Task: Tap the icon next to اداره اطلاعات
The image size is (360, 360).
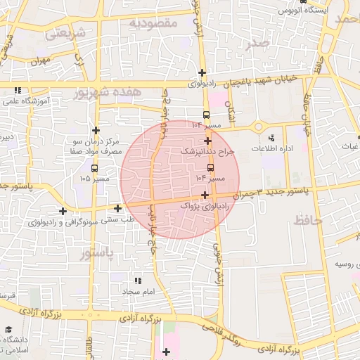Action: click(x=272, y=136)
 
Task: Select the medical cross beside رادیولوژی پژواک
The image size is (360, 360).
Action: click(x=205, y=195)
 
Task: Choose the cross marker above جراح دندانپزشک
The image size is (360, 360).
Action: click(x=207, y=141)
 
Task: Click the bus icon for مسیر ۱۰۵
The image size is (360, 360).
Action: click(x=94, y=169)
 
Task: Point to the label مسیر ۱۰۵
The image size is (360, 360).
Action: click(x=95, y=179)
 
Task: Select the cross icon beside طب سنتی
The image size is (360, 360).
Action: click(x=117, y=208)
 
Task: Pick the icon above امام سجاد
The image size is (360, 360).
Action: click(x=137, y=280)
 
